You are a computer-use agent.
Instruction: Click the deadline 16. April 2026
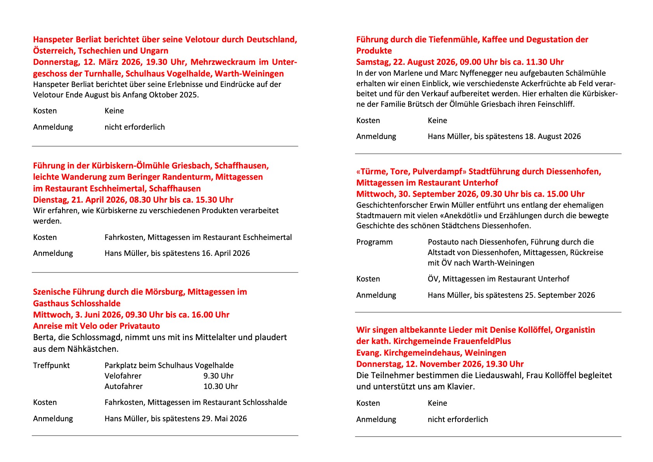point(226,254)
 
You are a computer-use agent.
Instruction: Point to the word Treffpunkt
point(51,365)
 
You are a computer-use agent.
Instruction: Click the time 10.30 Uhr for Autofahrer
point(220,386)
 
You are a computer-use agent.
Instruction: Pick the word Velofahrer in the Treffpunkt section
point(123,376)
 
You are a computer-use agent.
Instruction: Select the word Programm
point(374,242)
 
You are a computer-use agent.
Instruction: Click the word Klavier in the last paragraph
point(460,387)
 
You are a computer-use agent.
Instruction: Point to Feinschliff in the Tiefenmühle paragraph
point(556,104)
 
